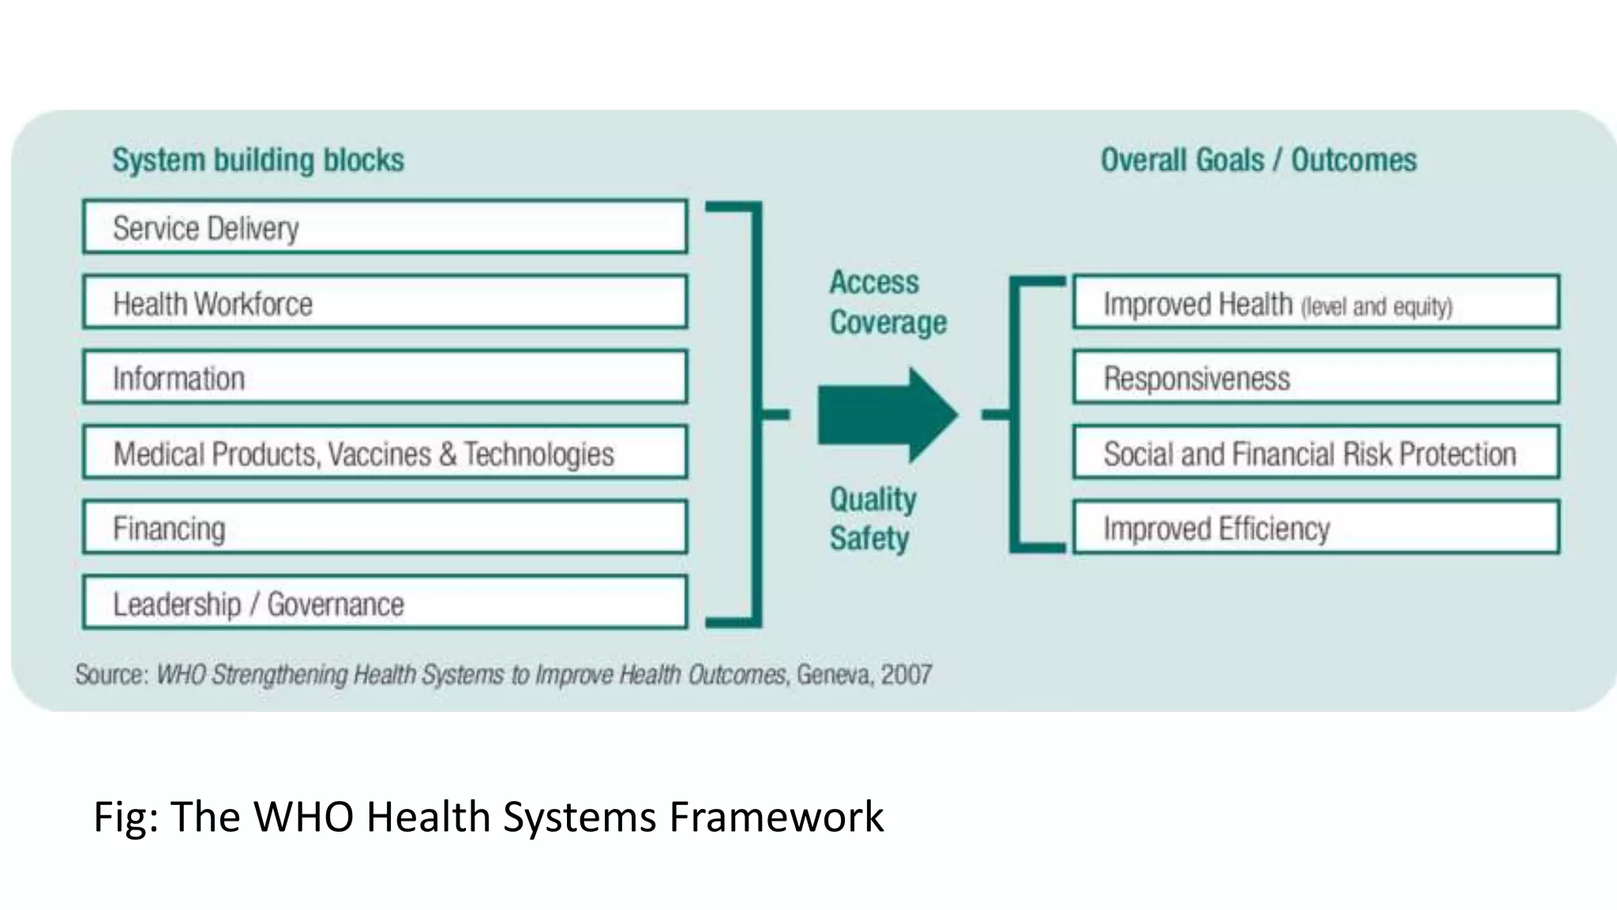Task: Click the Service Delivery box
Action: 385,227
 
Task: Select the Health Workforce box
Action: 385,303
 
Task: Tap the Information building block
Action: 385,378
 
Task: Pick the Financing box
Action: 385,528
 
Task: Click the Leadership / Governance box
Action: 385,604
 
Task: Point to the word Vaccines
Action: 380,454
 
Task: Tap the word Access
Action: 874,283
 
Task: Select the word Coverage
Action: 888,323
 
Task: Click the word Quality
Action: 872,499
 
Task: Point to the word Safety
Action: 869,539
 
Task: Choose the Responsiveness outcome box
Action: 1315,378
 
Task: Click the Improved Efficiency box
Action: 1315,528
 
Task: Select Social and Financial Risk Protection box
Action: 1315,453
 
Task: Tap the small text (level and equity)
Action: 1376,306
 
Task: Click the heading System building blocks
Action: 258,160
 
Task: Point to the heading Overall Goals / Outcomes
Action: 1259,160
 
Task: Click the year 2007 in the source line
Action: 906,675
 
